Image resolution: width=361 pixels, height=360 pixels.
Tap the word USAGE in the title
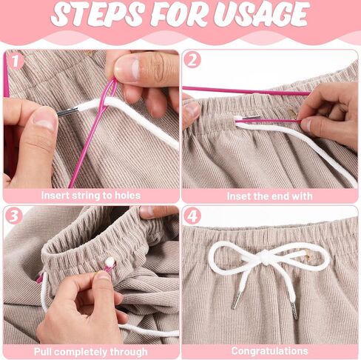click(x=261, y=13)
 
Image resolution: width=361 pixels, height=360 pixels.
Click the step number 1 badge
click(x=16, y=61)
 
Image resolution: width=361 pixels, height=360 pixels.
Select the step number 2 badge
click(x=192, y=60)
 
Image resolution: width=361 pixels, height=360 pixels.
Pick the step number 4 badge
click(x=192, y=216)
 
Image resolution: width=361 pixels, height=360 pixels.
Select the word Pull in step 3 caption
click(x=42, y=352)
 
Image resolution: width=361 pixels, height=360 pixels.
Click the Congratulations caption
click(x=269, y=351)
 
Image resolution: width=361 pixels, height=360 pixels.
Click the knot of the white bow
click(x=265, y=257)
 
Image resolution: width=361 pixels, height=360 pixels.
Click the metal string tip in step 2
click(x=251, y=118)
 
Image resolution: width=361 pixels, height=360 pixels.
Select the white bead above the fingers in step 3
click(x=109, y=261)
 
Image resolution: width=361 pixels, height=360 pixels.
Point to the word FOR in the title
click(x=178, y=13)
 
